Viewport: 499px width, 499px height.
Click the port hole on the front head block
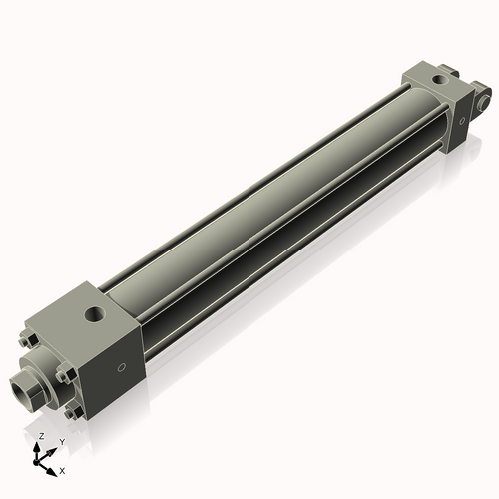pos(94,314)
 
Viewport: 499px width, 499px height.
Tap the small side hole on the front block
pos(122,368)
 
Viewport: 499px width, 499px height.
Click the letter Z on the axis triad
pos(41,437)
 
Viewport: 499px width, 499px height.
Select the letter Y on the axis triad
pos(61,441)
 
